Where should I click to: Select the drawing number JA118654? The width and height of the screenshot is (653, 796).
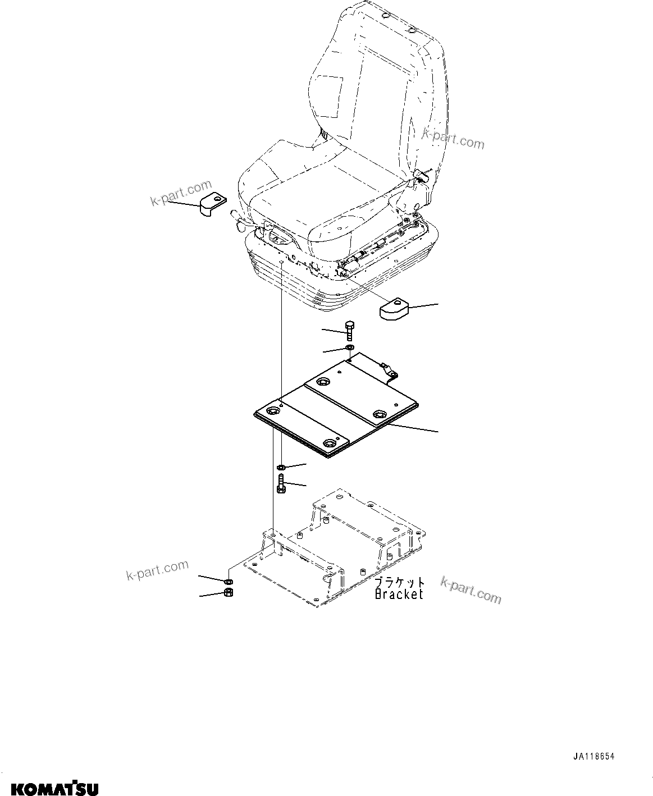tap(594, 757)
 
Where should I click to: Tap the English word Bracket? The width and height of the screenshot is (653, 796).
tap(399, 594)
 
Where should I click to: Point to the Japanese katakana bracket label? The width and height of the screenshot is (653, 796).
tap(400, 582)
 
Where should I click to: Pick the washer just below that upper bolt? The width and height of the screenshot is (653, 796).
tap(349, 349)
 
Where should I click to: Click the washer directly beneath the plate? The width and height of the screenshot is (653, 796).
tap(281, 466)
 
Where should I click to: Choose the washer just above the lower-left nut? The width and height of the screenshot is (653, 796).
tap(229, 581)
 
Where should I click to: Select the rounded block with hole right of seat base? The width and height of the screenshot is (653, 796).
tap(394, 309)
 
